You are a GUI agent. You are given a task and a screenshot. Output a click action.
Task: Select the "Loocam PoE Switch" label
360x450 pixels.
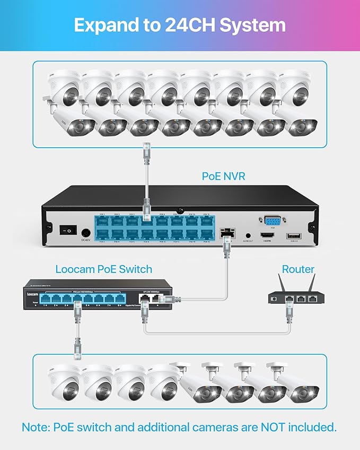click(104, 269)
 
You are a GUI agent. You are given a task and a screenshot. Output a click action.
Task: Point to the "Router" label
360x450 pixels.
click(298, 269)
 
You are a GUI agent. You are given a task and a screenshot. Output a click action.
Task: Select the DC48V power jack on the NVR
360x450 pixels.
click(85, 232)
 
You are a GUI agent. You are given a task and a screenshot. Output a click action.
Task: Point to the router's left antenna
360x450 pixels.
click(283, 283)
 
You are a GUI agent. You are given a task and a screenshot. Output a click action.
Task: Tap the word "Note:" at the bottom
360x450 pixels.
click(38, 427)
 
